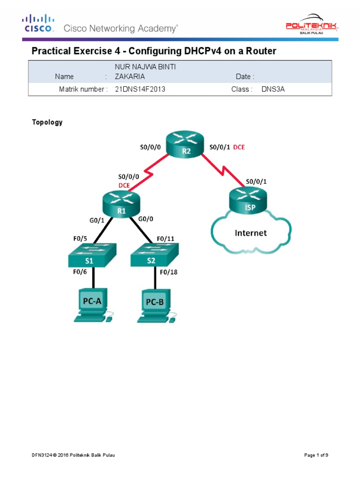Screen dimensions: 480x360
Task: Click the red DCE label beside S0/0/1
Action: pyautogui.click(x=239, y=147)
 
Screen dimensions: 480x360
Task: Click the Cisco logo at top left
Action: pyautogui.click(x=38, y=23)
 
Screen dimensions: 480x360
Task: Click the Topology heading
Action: pyautogui.click(x=47, y=122)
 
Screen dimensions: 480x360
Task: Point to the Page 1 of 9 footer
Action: pyautogui.click(x=319, y=455)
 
